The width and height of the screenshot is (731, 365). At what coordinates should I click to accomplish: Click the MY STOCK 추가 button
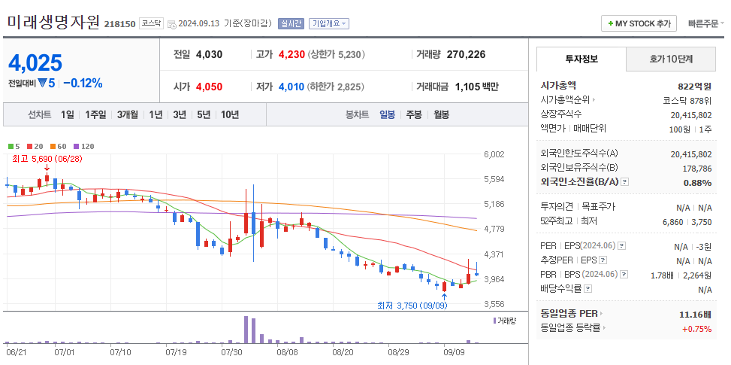639,23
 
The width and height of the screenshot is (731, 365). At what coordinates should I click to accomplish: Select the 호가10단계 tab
671,59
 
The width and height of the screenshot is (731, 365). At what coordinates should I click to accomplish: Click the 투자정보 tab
580,59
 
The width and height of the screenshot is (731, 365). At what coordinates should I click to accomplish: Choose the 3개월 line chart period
127,114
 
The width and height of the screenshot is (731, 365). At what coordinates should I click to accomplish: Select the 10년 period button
229,114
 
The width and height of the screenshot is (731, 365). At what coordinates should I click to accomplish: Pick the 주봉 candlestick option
413,114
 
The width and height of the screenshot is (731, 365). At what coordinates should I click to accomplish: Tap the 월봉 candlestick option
440,114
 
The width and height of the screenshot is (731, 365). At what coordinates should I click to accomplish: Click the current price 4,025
35,62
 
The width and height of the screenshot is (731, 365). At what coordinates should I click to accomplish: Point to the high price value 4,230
291,54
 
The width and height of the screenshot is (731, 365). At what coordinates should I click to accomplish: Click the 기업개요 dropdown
330,23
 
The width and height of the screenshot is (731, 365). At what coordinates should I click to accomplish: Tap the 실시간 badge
291,23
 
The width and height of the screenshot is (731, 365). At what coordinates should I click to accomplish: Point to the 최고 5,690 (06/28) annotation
47,159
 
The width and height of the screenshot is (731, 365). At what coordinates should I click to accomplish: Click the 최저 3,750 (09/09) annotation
412,306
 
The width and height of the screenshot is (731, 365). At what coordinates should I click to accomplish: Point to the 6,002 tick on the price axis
494,154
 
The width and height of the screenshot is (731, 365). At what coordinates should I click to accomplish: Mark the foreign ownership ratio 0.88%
697,182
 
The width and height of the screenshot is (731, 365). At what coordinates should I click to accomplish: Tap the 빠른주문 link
705,23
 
